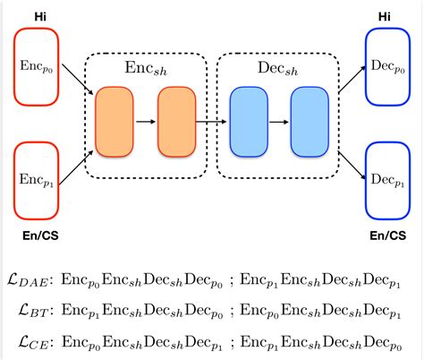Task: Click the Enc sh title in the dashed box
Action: click(x=145, y=68)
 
